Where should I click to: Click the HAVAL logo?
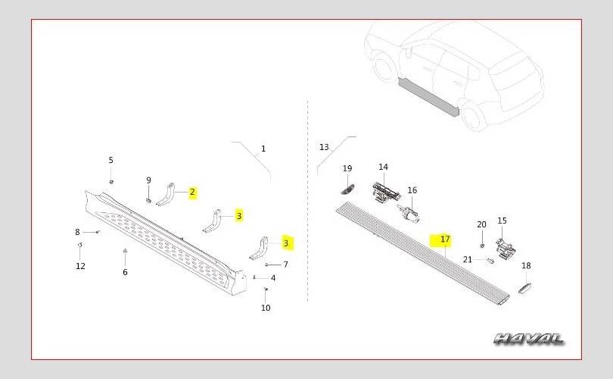click(x=528, y=339)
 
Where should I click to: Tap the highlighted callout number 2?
click(x=192, y=193)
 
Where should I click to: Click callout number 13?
click(x=324, y=147)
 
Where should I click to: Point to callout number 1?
click(x=263, y=149)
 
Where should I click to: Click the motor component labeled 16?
click(x=408, y=214)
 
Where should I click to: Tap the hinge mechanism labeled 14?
click(x=385, y=192)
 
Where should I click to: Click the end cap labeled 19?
click(x=347, y=189)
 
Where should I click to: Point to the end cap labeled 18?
click(x=524, y=287)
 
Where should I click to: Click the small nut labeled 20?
click(x=482, y=245)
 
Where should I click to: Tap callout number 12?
click(x=80, y=266)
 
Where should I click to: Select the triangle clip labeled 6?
click(x=125, y=251)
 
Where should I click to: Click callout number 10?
click(x=266, y=308)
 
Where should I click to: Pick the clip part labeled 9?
click(x=148, y=201)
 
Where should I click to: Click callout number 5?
click(x=111, y=160)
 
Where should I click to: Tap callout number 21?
click(x=468, y=259)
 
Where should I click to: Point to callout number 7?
click(x=286, y=265)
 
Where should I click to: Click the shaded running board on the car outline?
click(x=428, y=96)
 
